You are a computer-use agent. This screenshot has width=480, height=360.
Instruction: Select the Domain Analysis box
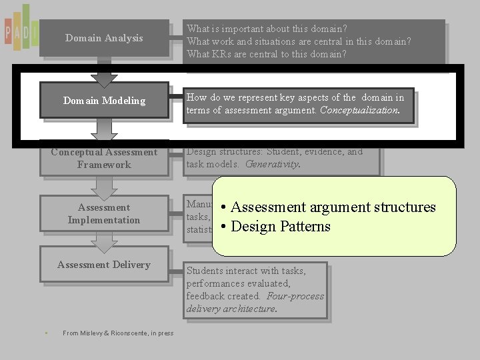104,38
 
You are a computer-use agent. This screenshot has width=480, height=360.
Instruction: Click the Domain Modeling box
104,101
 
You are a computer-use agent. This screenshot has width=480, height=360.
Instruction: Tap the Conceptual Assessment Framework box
104,158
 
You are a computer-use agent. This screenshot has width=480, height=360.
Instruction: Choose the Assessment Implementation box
104,213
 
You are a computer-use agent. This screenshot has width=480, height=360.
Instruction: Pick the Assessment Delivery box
104,265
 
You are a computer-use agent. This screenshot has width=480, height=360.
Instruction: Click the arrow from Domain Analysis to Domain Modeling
104,74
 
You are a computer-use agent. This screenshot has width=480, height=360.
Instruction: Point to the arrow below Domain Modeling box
104,129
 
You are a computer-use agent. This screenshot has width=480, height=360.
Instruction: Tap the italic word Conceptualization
359,111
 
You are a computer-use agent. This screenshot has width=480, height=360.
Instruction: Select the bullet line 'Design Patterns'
280,227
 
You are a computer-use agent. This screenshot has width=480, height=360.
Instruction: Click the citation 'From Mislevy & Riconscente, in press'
117,333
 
